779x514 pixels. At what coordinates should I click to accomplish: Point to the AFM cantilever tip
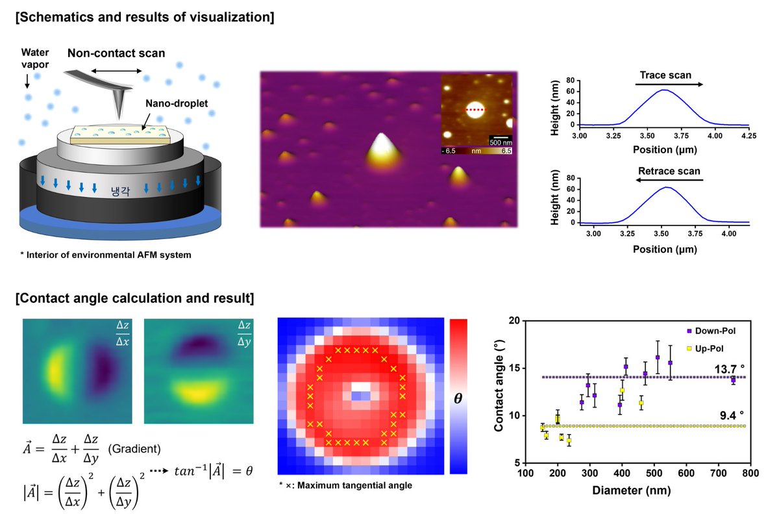120,111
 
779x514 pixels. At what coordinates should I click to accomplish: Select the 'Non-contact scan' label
117,53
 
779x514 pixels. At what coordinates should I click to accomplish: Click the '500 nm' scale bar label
500,142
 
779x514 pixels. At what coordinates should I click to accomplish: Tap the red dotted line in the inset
478,110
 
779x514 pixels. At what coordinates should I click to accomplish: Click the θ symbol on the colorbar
458,399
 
